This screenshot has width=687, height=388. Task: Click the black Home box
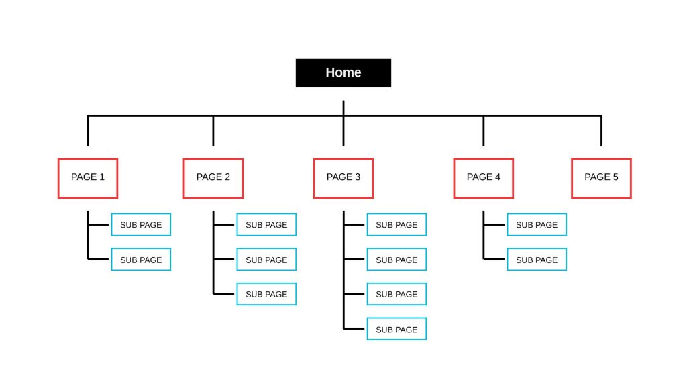[343, 72]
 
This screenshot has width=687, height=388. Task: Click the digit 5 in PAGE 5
[615, 177]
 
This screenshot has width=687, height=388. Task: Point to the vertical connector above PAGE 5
[601, 131]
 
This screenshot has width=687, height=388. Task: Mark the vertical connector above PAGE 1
[88, 131]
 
